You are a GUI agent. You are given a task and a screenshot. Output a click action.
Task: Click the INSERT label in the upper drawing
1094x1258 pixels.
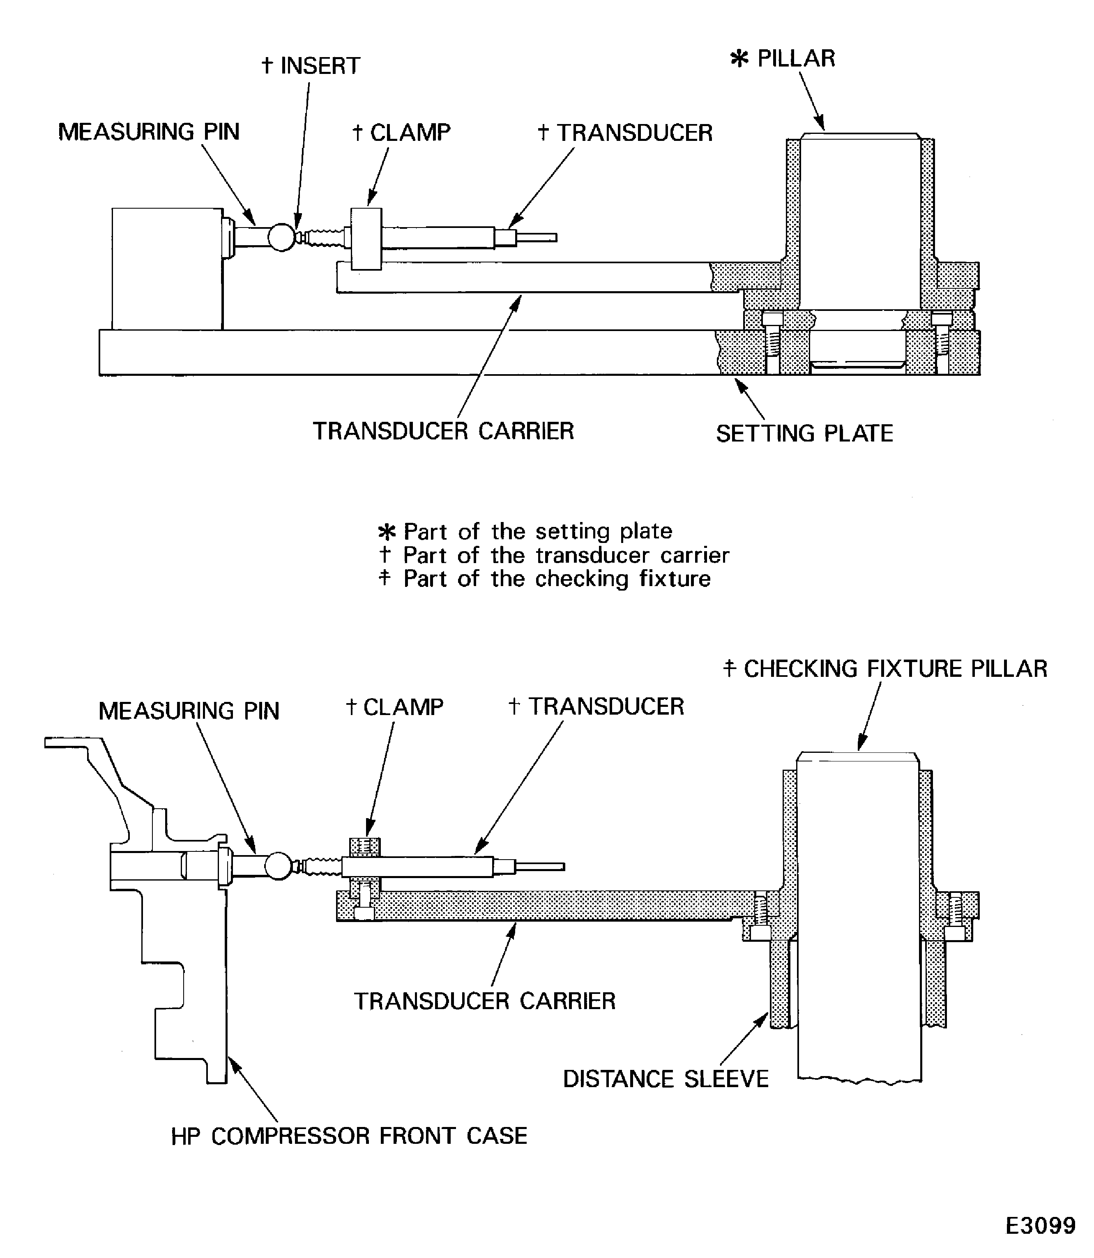pyautogui.click(x=311, y=66)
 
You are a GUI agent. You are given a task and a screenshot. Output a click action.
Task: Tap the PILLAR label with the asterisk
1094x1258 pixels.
pyautogui.click(x=783, y=59)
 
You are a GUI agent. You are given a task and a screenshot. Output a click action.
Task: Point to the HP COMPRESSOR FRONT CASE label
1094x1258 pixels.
pyautogui.click(x=349, y=1136)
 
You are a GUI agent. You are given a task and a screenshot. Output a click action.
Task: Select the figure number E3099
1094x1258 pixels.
pyautogui.click(x=1040, y=1225)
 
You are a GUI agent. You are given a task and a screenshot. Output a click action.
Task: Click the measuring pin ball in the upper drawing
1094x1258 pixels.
pyautogui.click(x=281, y=237)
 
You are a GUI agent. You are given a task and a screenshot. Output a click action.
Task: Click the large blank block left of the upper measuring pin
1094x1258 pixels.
pyautogui.click(x=167, y=269)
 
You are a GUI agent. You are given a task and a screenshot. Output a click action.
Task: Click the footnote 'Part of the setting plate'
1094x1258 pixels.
pyautogui.click(x=537, y=531)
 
